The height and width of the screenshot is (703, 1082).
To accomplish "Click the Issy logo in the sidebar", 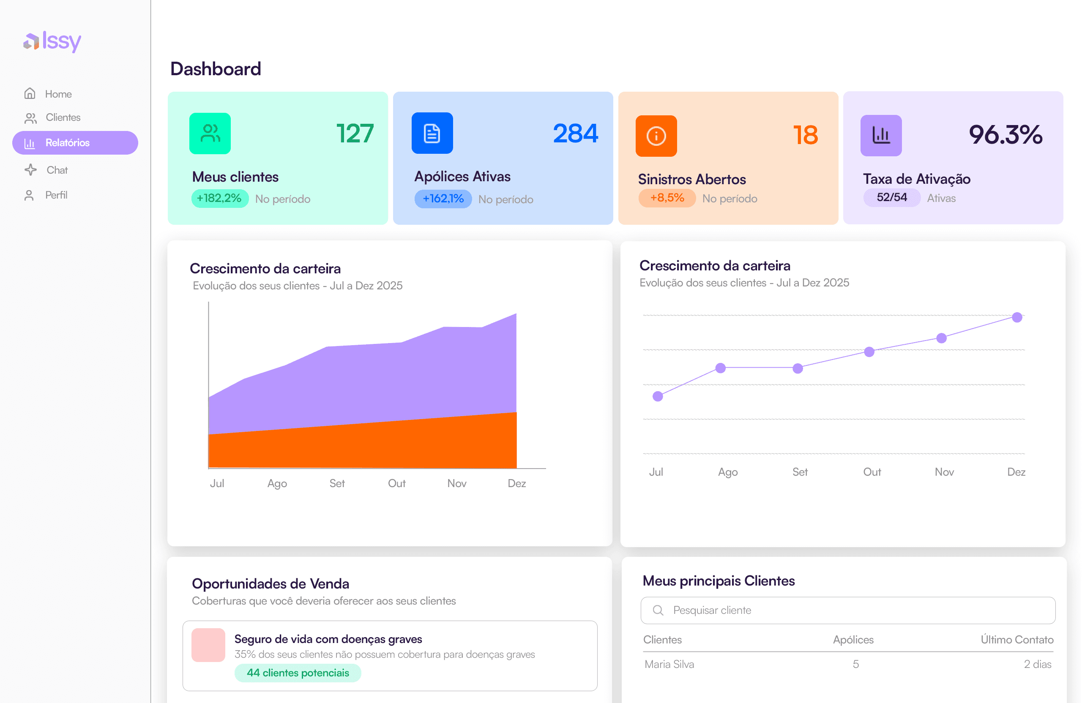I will [x=52, y=41].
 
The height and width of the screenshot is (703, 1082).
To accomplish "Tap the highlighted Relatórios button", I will [x=75, y=143].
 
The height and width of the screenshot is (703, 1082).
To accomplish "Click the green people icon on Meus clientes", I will [x=210, y=134].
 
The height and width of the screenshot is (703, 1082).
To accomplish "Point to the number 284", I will [x=575, y=134].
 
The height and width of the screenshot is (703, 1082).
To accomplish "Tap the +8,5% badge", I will [x=667, y=198].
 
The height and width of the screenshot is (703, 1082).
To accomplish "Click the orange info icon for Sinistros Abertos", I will [x=656, y=136].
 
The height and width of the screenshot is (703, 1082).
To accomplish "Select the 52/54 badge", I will [x=891, y=198].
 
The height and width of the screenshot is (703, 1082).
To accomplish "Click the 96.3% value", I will [x=1005, y=135].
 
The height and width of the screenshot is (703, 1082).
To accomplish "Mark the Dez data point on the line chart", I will [x=1017, y=317].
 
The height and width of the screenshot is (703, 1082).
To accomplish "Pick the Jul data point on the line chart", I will [x=658, y=396].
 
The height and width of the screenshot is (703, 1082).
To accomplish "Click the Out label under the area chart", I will [x=396, y=483].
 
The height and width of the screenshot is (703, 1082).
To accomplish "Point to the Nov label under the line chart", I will [x=944, y=472].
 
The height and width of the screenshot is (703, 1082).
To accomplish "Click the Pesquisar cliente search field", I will [x=847, y=610].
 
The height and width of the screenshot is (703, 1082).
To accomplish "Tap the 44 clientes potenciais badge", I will [x=298, y=673].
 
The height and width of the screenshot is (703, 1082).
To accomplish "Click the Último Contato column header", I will [x=1016, y=639].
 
